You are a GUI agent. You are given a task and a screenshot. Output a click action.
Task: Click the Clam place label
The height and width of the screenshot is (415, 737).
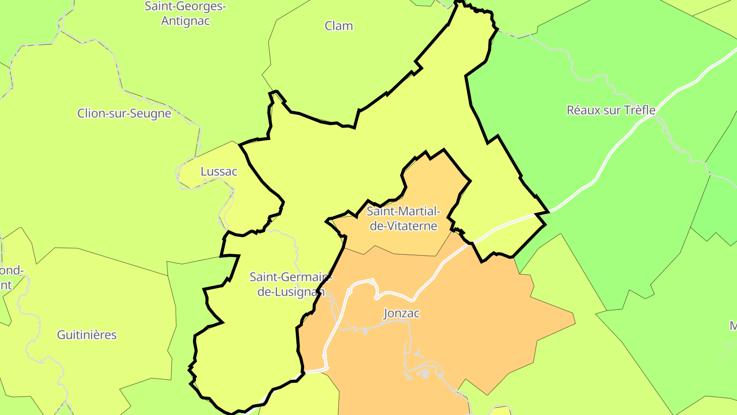pos(339,26)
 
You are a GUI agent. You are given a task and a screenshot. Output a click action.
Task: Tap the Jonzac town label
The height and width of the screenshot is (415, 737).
pos(401,314)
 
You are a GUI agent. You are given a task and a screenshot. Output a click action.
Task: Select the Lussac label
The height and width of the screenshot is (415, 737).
pos(219,172)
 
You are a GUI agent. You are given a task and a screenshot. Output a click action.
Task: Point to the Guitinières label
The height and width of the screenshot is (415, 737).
pos(87,335)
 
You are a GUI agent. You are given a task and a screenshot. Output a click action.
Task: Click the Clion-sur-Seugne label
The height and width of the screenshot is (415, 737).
pos(124,113)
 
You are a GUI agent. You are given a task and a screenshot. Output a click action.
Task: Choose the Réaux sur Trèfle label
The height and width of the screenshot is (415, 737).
pos(611,110)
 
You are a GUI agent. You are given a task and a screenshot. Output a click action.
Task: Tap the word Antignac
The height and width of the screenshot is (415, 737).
pos(185,22)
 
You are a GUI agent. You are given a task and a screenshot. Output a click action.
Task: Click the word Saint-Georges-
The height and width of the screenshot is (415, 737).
pos(185,7)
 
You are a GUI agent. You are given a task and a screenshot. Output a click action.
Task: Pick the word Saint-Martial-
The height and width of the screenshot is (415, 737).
pos(403,211)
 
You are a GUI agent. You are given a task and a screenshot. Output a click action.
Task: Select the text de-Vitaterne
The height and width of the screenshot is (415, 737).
pos(403,226)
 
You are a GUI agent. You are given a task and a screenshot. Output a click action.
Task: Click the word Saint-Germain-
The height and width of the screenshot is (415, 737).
pos(291,277)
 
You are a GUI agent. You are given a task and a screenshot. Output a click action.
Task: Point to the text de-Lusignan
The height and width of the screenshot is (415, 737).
pos(291,292)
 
